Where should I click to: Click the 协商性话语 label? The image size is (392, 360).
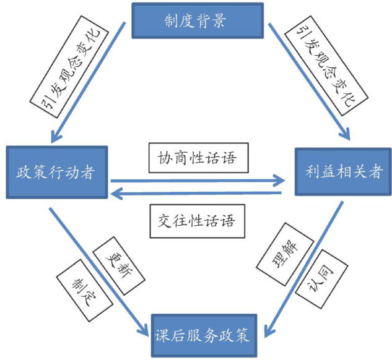point(199,159)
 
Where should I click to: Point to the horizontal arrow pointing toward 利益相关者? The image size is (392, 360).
point(198,181)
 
